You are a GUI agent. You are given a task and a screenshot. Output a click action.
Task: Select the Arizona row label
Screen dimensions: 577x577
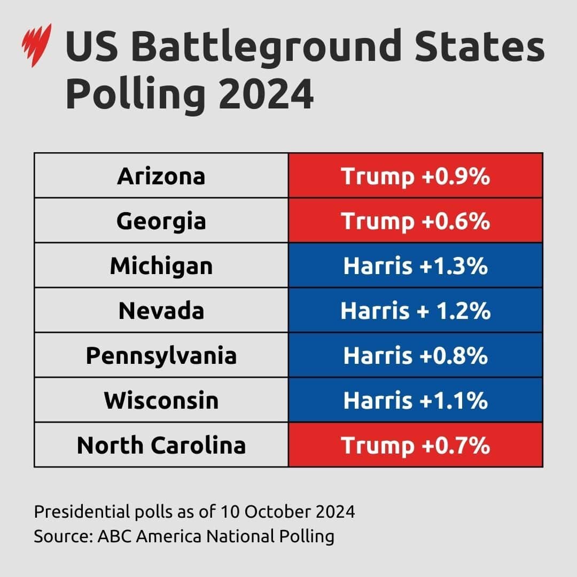pyautogui.click(x=161, y=176)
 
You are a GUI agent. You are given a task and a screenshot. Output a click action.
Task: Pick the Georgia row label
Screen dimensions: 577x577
pyautogui.click(x=161, y=221)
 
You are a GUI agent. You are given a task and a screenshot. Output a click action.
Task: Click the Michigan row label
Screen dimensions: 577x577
pyautogui.click(x=161, y=266)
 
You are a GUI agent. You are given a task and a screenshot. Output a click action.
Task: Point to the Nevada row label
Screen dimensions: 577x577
pyautogui.click(x=161, y=310)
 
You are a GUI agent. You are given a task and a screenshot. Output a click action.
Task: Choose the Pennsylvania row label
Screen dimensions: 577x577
pyautogui.click(x=161, y=355)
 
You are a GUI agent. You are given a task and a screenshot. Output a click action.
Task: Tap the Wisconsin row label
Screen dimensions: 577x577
pyautogui.click(x=161, y=400)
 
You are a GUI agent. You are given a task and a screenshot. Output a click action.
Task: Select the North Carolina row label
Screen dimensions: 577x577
pyautogui.click(x=161, y=445)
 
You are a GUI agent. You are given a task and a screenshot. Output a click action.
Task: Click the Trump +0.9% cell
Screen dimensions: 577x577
pyautogui.click(x=416, y=176)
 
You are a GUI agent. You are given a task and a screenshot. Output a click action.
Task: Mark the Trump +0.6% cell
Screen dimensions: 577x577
pyautogui.click(x=416, y=221)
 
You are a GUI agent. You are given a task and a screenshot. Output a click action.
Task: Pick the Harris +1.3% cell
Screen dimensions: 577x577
pyautogui.click(x=416, y=266)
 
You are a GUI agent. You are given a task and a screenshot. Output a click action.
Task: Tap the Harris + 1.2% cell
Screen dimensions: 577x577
pyautogui.click(x=416, y=310)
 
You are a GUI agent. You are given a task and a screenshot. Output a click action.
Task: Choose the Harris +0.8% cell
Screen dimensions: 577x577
pyautogui.click(x=416, y=355)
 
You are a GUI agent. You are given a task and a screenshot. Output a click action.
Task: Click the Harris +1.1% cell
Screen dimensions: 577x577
pyautogui.click(x=416, y=400)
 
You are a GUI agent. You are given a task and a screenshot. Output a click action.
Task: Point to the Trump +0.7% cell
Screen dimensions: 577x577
pyautogui.click(x=416, y=445)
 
